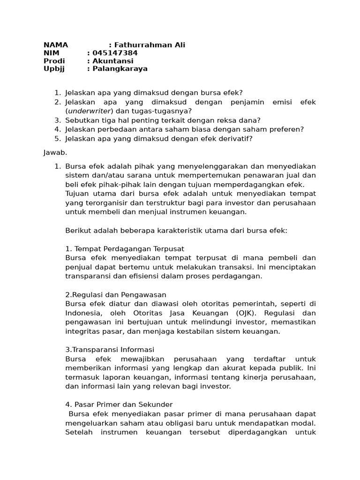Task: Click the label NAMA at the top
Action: pos(56,45)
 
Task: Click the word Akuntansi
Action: pos(113,61)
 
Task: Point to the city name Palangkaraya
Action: pos(120,68)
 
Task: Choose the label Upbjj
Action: pos(53,68)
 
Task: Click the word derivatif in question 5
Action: pos(232,138)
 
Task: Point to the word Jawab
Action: pos(55,152)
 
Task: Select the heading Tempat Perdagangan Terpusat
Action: pos(129,248)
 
